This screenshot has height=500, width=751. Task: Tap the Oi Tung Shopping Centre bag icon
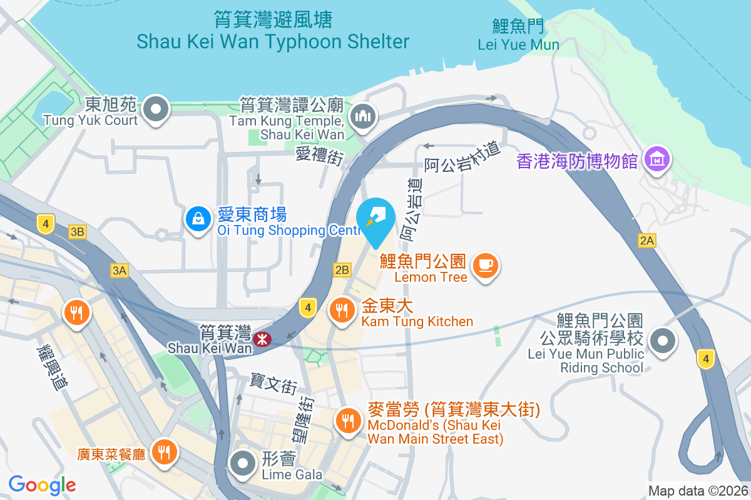coord(198,219)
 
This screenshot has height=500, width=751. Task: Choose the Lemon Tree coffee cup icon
coord(486,265)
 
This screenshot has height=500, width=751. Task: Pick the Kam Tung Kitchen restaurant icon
coord(341,309)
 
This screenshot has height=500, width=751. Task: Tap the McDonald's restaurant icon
coord(347,419)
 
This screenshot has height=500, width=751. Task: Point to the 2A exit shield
coord(647,241)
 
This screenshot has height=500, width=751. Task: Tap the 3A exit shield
coord(119,270)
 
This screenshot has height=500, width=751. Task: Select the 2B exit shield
coord(342,270)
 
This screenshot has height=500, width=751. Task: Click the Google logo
coord(43,484)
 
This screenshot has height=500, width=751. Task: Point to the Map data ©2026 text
coord(698,491)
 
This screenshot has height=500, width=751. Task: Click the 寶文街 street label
coord(273,383)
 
